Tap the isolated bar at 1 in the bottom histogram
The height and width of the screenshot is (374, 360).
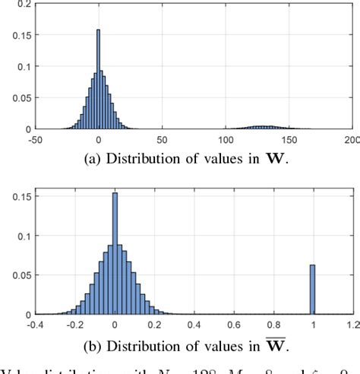point(312,289)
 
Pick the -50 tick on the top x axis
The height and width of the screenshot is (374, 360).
point(35,139)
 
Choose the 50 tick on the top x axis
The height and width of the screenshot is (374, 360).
point(162,139)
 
